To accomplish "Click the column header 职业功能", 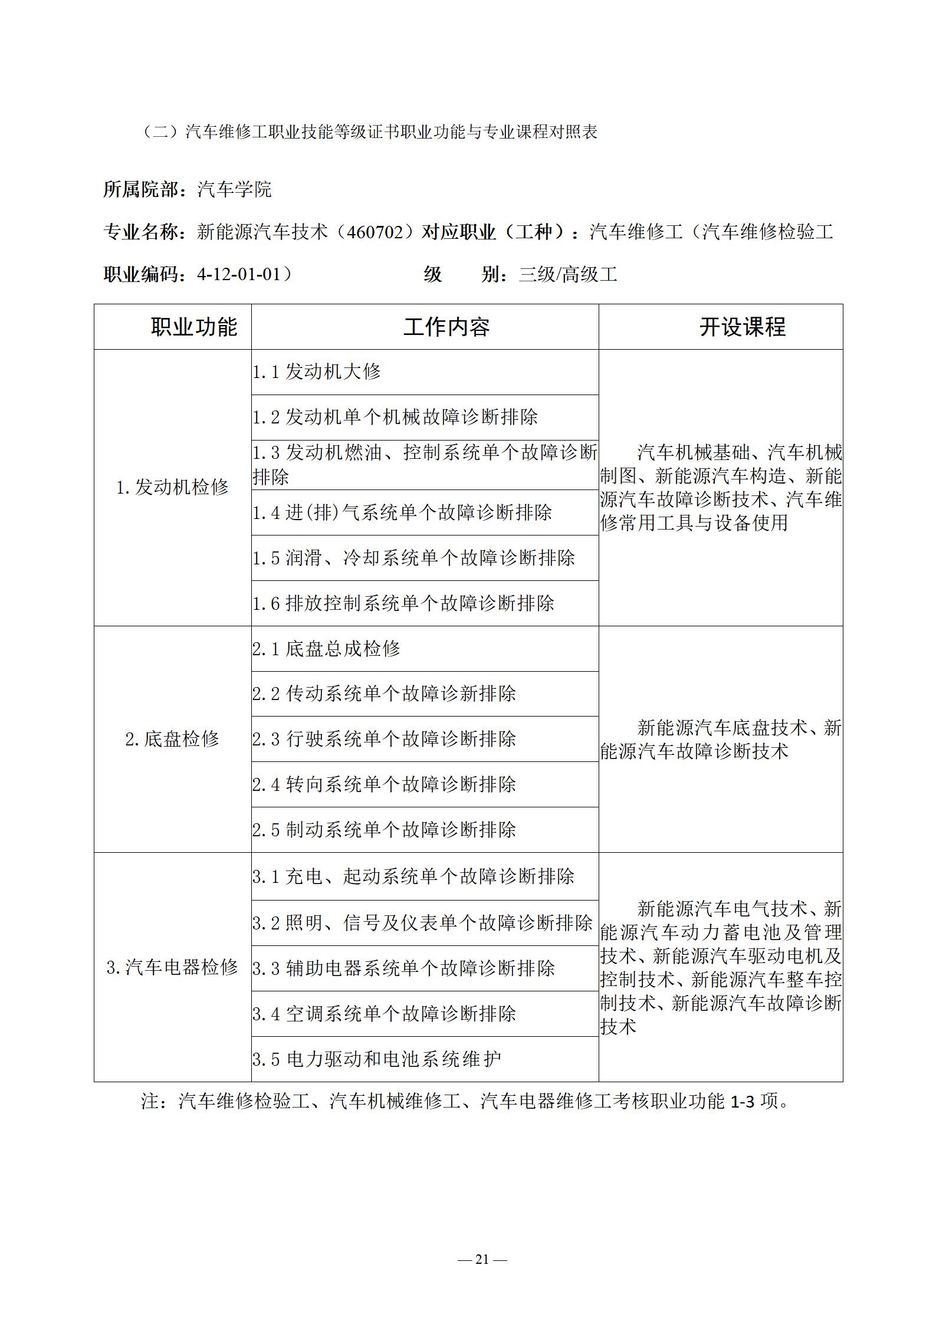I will (x=193, y=327).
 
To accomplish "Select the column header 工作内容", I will (x=446, y=327).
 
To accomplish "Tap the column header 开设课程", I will (x=742, y=327).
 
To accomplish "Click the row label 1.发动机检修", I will (x=172, y=487).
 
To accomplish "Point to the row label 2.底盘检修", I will (x=172, y=739).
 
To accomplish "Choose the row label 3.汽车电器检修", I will (x=172, y=967).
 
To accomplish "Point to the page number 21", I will (x=482, y=1259).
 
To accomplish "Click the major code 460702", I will (x=375, y=232).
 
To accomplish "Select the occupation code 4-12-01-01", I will (x=239, y=274).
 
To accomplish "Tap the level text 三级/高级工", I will (x=568, y=274).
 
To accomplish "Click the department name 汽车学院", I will (x=234, y=189).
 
